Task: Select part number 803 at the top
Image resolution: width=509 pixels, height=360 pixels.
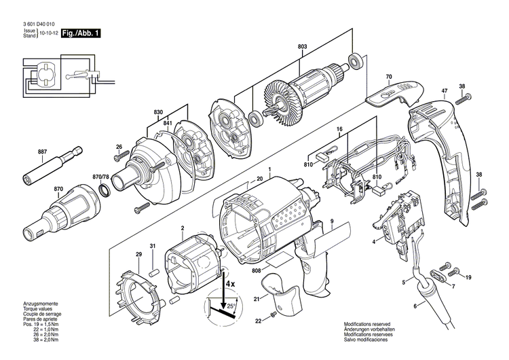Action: (x=302, y=47)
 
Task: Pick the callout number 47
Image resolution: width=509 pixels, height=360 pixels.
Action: (x=444, y=92)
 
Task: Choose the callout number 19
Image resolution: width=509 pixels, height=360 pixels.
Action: (x=468, y=276)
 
